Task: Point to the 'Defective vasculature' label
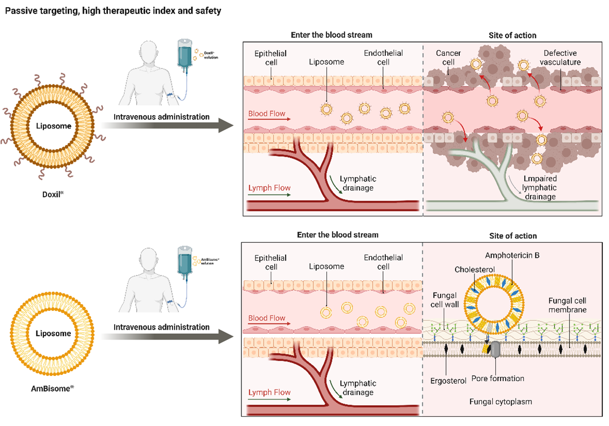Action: tap(562, 58)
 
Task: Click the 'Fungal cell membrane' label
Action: tap(567, 305)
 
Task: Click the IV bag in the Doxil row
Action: tap(184, 54)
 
